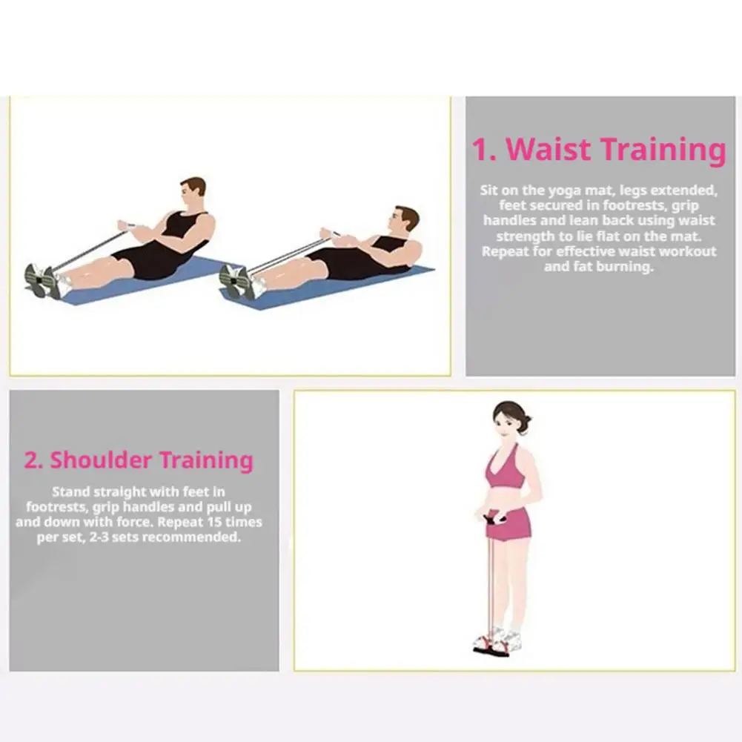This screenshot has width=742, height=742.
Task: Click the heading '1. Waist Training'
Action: [599, 150]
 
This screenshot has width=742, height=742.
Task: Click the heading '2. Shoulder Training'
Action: [139, 460]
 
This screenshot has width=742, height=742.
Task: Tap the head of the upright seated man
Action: [193, 191]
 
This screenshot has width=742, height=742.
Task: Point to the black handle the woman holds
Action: [494, 519]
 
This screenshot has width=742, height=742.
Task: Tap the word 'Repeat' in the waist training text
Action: [505, 251]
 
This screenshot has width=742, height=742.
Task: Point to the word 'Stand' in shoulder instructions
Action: [71, 491]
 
